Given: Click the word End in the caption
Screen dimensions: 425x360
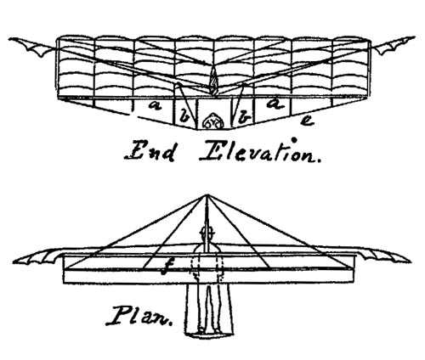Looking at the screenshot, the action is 150,152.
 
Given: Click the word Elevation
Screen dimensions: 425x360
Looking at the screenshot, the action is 261,150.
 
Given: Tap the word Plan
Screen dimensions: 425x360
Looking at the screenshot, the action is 139,316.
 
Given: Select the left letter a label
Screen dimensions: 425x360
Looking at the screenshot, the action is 155,105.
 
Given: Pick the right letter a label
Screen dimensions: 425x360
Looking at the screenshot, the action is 275,104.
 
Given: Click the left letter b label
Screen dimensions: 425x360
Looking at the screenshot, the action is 184,117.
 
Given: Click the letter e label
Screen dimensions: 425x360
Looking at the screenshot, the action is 307,121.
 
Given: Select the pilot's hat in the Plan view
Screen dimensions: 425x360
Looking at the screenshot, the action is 207,233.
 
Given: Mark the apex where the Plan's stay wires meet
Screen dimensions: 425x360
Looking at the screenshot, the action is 207,194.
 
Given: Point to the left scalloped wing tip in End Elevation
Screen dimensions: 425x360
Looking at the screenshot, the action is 31,46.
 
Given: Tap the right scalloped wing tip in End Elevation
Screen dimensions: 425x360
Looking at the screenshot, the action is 393,45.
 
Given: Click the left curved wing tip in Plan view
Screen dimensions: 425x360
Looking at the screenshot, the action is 38,256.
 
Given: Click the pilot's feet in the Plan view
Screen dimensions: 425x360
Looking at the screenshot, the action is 209,332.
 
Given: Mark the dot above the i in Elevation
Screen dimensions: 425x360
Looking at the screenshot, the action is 294,140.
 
